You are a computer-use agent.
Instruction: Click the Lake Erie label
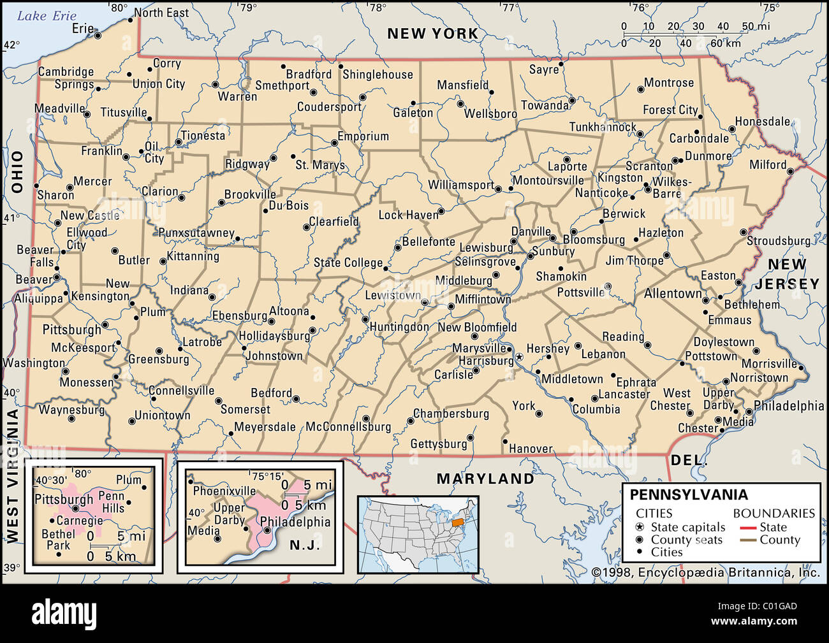tap(47, 16)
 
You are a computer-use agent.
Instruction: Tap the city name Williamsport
tap(460, 185)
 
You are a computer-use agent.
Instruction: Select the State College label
tap(348, 263)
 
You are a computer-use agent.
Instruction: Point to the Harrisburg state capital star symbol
tap(519, 357)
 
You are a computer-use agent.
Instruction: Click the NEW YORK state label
tap(432, 34)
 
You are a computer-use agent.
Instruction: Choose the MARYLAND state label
tap(485, 479)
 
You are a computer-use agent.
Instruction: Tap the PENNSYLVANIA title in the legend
tap(689, 495)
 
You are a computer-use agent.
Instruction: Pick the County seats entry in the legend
tap(686, 540)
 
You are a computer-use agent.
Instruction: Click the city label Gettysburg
tap(439, 444)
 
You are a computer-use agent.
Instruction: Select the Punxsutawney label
tap(196, 233)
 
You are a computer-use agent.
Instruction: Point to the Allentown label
tap(672, 294)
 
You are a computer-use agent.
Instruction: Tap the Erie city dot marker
tap(98, 36)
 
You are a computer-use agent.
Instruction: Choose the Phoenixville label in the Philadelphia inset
tap(224, 491)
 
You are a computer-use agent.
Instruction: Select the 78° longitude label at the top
tap(378, 8)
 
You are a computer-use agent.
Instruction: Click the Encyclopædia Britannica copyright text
tap(705, 573)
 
